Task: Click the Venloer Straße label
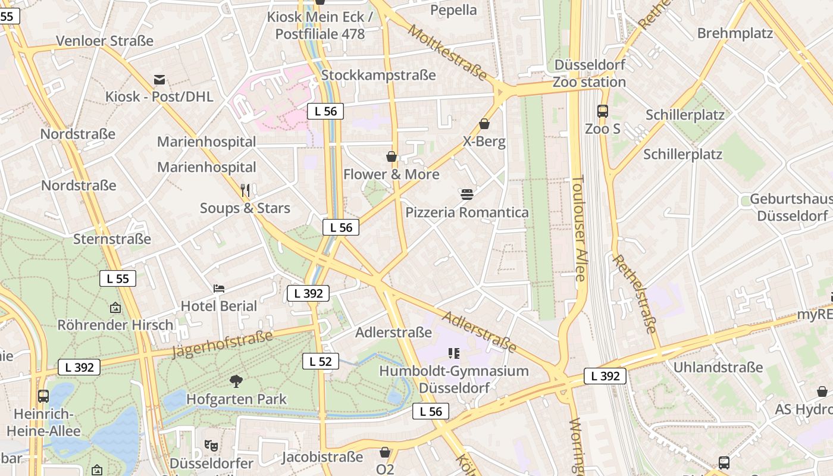coord(105,41)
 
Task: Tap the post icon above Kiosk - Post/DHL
coord(159,79)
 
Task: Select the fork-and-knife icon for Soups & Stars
coord(245,190)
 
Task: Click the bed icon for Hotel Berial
coord(219,289)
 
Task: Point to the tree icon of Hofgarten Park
coord(236,381)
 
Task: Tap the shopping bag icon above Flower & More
coord(392,156)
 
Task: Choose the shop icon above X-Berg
coord(484,124)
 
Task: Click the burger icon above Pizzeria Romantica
coord(466,194)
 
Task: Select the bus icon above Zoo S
coord(602,111)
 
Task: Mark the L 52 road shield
coord(321,361)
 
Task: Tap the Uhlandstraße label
coord(718,367)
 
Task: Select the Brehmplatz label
coord(735,33)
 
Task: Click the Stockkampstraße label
coord(378,75)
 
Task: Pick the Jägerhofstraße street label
coord(222,344)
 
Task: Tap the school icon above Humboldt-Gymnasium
coord(454,353)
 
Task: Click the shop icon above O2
coord(385,452)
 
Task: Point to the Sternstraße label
coord(112,239)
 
